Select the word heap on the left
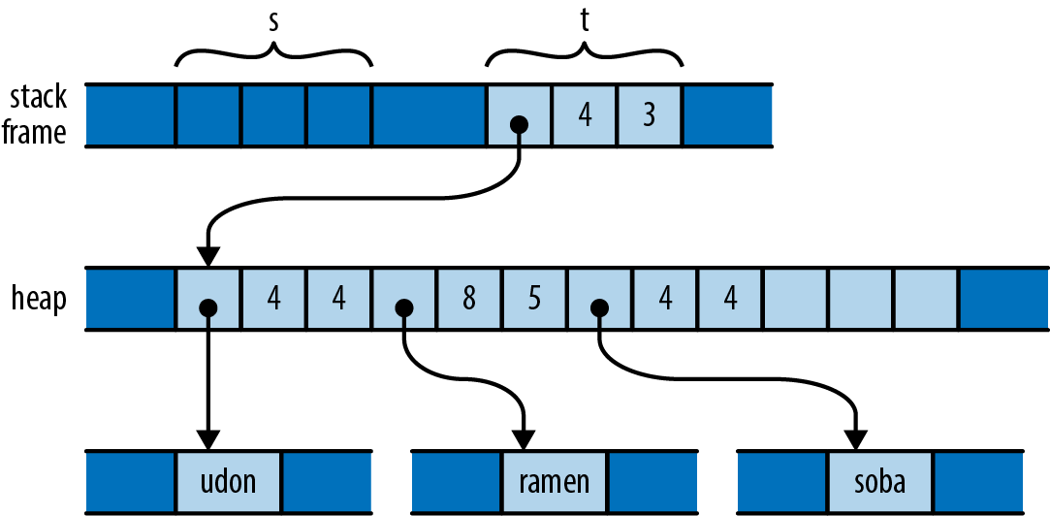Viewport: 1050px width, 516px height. point(40,300)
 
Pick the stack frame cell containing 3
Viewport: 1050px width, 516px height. point(649,115)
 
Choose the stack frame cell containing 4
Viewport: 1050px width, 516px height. point(585,115)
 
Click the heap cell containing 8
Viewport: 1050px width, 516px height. point(468,300)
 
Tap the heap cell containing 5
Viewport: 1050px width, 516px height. point(533,300)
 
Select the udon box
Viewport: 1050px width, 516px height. point(229,482)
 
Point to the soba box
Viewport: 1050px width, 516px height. point(880,482)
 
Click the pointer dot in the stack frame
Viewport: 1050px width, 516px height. point(519,124)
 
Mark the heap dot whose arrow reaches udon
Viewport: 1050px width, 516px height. point(208,307)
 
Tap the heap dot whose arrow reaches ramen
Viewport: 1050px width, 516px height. point(403,307)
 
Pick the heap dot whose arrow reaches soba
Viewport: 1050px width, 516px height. point(598,307)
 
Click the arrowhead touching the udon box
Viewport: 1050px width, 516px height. point(208,439)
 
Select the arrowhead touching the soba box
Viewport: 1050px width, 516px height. point(854,439)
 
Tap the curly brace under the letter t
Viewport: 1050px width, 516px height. point(585,55)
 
